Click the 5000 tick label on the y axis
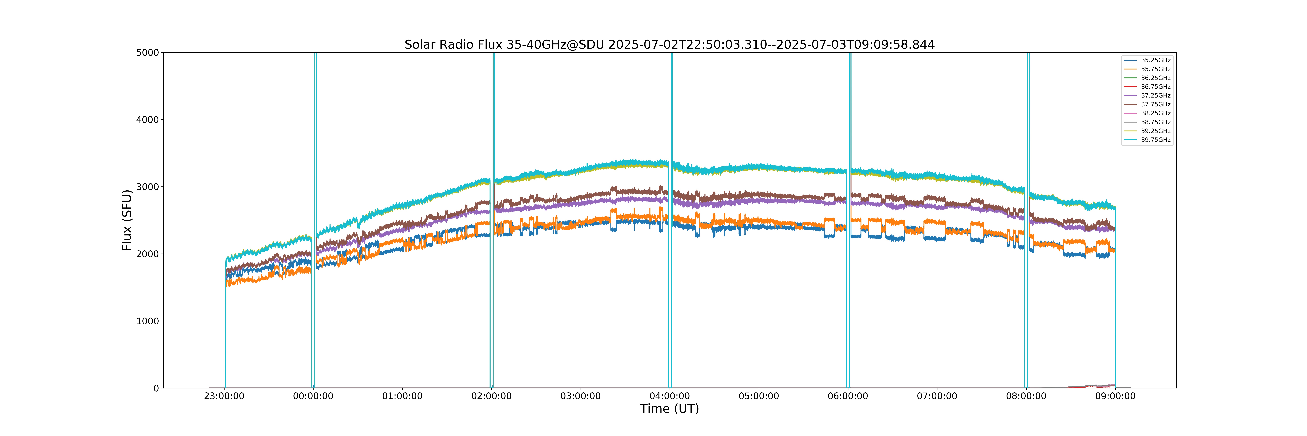point(148,52)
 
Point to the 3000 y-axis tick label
point(148,187)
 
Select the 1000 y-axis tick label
point(148,321)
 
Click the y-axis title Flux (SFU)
point(127,220)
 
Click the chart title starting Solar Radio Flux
point(670,45)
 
